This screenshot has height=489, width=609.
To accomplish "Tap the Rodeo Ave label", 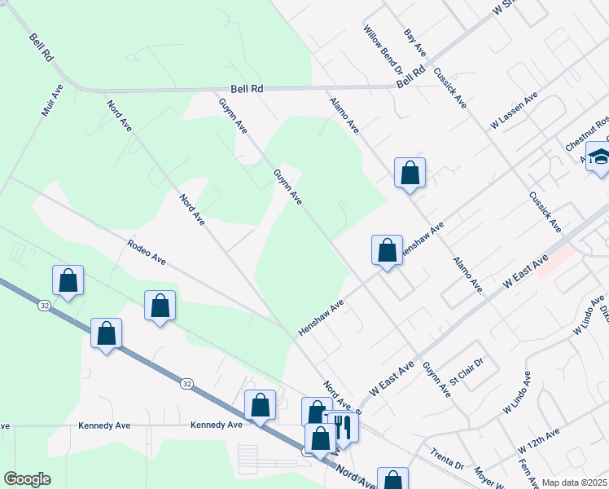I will coord(147,252).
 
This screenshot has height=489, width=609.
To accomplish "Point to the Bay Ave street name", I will coord(415,42).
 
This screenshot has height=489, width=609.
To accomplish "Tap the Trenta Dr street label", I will coord(447,460).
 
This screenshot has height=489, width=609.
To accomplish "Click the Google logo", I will coord(27,479).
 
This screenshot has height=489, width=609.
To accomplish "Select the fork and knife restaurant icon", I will coord(342,426).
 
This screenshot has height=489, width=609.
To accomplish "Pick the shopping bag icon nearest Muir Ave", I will coord(69,280).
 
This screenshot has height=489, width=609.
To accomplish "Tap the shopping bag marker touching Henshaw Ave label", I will coord(387,249).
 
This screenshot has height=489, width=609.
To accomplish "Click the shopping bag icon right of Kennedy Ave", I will coord(260,404).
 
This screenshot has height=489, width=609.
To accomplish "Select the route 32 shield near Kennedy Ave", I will coord(187,383).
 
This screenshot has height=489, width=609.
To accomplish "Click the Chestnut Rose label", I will coord(589,133).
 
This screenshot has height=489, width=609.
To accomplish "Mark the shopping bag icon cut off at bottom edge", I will coord(392,481).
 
